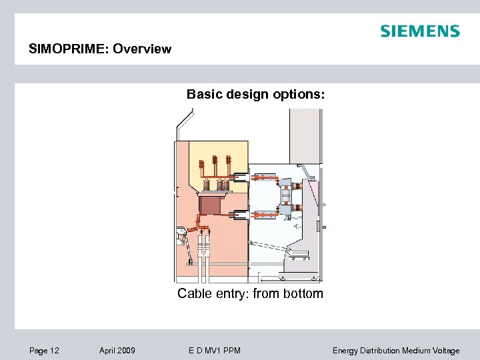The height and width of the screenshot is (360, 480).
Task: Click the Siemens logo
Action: pos(419,31)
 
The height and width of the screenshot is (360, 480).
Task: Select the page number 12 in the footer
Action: pos(55,351)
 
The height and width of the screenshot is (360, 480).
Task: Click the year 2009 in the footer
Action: pos(126,351)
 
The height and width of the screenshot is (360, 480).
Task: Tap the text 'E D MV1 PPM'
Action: pos(215,351)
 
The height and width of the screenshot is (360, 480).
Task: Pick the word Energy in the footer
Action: pos(345,351)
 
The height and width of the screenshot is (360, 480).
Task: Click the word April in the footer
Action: pos(107,351)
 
